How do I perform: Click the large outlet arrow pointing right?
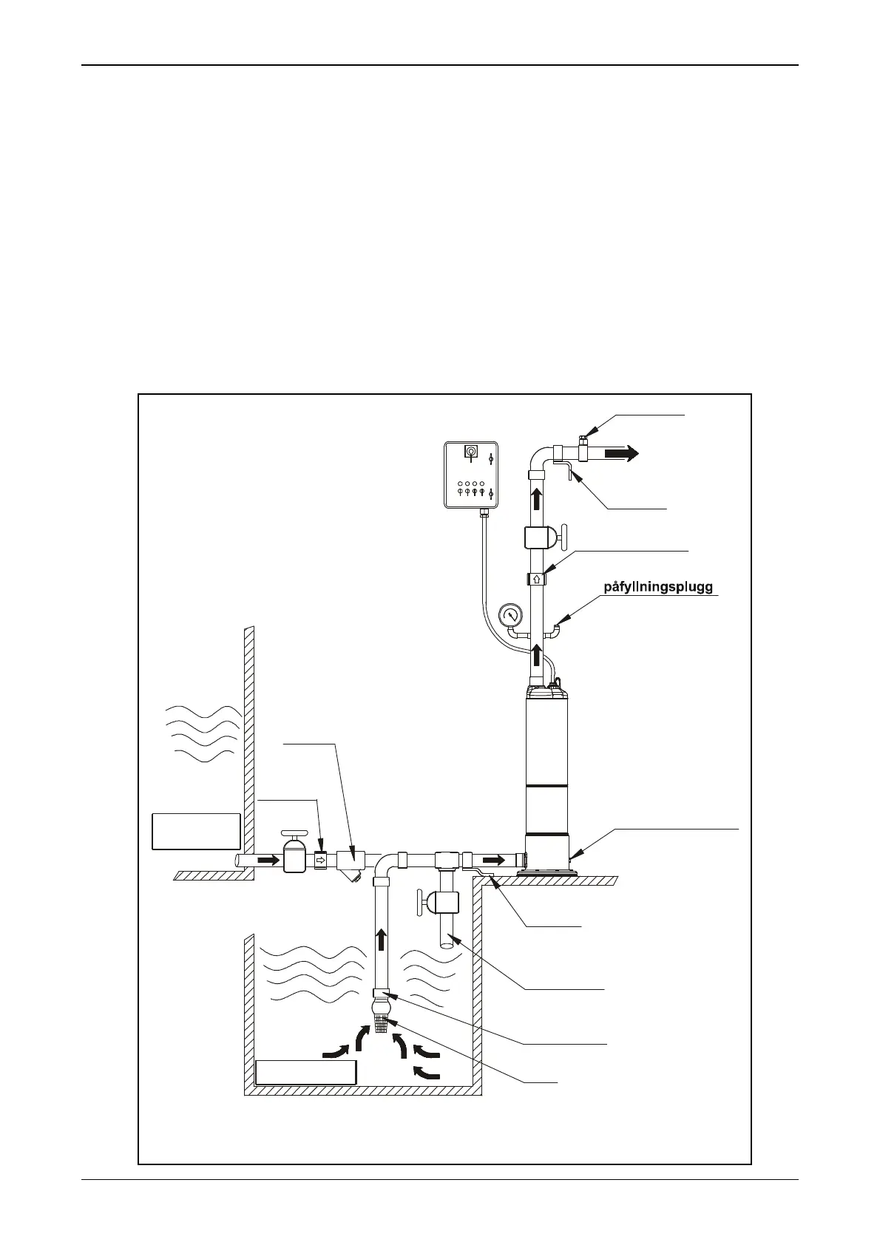pyautogui.click(x=620, y=453)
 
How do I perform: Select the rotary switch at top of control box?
pyautogui.click(x=470, y=451)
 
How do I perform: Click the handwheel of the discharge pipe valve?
pyautogui.click(x=562, y=536)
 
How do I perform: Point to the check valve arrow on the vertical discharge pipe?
pyautogui.click(x=537, y=579)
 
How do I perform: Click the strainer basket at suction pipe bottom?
pyautogui.click(x=382, y=1024)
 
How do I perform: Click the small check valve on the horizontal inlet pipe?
pyautogui.click(x=320, y=861)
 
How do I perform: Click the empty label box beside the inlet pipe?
pyautogui.click(x=196, y=831)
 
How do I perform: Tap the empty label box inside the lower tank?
pyautogui.click(x=305, y=1072)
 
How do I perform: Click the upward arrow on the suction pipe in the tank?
pyautogui.click(x=382, y=940)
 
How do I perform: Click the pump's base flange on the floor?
pyautogui.click(x=547, y=873)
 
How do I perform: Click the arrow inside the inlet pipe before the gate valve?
pyautogui.click(x=268, y=860)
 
